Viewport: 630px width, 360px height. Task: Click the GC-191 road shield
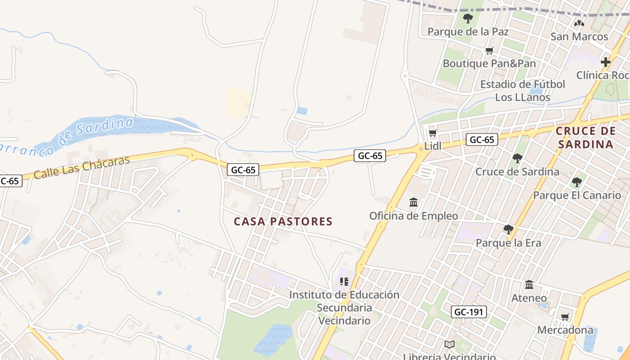coord(469,312)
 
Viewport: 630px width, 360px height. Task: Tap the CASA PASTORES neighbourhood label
coord(283,221)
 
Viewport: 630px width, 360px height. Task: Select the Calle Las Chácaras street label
coord(81,167)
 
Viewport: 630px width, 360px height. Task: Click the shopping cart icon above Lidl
coord(432,133)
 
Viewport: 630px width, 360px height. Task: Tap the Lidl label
coord(433,146)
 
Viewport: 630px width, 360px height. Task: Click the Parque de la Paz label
coord(468,31)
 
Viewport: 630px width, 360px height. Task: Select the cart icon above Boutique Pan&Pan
coord(489,51)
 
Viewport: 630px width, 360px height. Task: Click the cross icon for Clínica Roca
coord(606,62)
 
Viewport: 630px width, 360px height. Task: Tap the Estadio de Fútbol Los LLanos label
coord(522,90)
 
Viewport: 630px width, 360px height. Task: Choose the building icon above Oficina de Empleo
coord(414,202)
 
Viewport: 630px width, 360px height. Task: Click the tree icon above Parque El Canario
coord(576,182)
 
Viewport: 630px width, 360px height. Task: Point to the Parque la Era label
coord(508,243)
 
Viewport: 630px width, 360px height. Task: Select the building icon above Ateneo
coord(529,285)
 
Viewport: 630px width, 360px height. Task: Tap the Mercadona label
coord(565,330)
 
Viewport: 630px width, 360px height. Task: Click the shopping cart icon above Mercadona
coord(565,317)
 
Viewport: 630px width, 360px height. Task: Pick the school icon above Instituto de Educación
coord(344,282)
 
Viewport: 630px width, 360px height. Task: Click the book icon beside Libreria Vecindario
coord(449,345)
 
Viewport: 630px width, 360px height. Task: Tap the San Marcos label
coord(579,36)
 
